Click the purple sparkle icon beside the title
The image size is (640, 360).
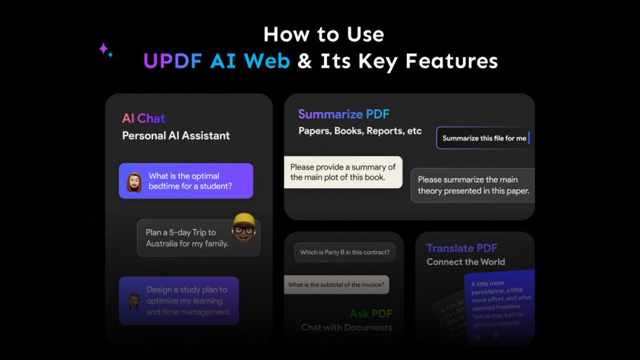click(105, 51)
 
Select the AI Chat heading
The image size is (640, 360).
click(143, 118)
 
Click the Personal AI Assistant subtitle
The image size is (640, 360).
click(176, 136)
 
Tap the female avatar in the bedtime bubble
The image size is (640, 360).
click(134, 182)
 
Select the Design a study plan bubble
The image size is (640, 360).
click(179, 301)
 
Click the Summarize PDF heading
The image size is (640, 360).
click(344, 114)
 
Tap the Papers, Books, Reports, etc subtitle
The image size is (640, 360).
click(360, 131)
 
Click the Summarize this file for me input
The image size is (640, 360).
click(484, 138)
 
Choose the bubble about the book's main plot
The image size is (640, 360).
click(343, 172)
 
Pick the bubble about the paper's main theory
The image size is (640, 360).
click(473, 185)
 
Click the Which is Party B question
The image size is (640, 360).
click(344, 252)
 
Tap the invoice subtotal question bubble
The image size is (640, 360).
click(336, 285)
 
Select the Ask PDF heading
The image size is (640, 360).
click(371, 313)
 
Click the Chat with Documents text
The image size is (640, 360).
click(346, 327)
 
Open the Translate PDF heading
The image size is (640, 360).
click(461, 248)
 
